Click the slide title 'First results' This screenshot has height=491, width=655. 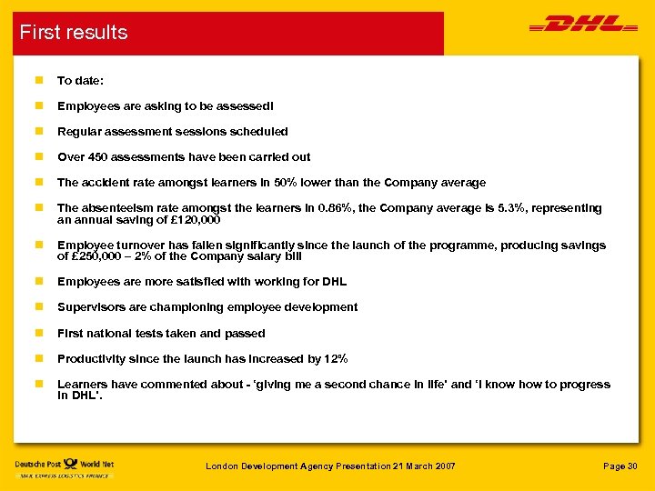[x=74, y=33]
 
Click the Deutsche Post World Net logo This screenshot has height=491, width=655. [x=64, y=467]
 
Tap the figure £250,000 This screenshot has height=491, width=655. [x=98, y=256]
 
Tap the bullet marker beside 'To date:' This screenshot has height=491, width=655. [x=37, y=81]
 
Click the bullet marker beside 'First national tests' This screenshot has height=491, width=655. [x=37, y=334]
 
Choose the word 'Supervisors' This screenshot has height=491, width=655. [x=90, y=307]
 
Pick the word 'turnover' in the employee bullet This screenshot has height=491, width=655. [x=141, y=245]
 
